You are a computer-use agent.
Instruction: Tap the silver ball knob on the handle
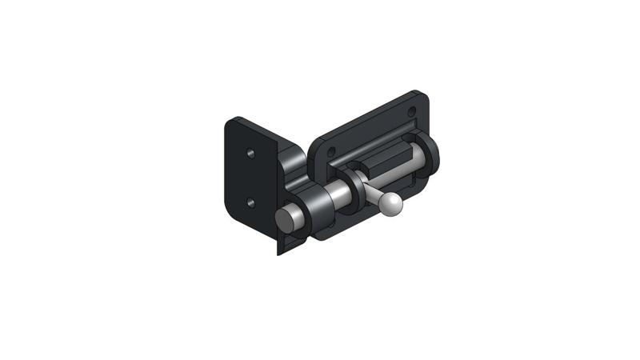391,205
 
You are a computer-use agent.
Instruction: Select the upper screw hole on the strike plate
250,151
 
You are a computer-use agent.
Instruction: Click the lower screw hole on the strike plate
250,203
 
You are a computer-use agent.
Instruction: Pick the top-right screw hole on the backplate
413,111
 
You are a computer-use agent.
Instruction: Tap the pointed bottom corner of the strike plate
279,251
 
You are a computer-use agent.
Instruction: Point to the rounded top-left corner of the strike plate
230,122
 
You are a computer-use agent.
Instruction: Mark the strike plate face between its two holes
250,178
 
